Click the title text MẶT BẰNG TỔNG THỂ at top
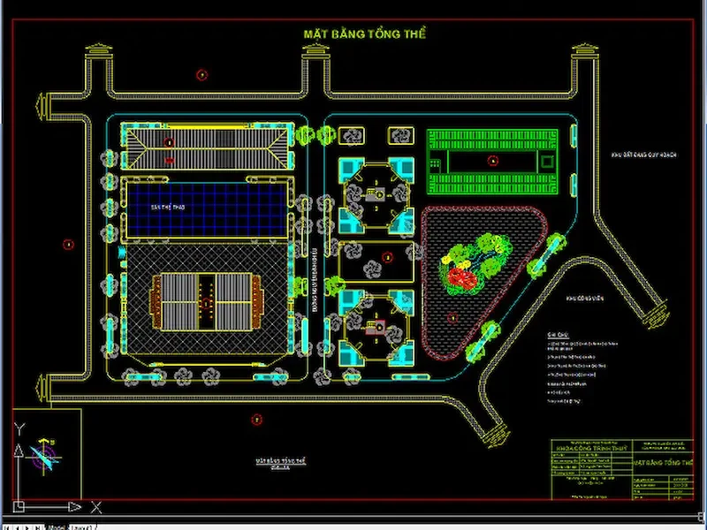(365, 34)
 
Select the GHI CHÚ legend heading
(556, 335)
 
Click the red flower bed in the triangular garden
(458, 277)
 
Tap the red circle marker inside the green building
(493, 161)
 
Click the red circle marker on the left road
(67, 245)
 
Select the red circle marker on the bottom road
(257, 419)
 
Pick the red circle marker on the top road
(202, 75)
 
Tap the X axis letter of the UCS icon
(97, 508)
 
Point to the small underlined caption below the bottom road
(280, 462)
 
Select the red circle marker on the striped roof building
(169, 141)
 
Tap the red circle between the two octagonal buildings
(386, 257)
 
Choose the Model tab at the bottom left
(54, 526)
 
